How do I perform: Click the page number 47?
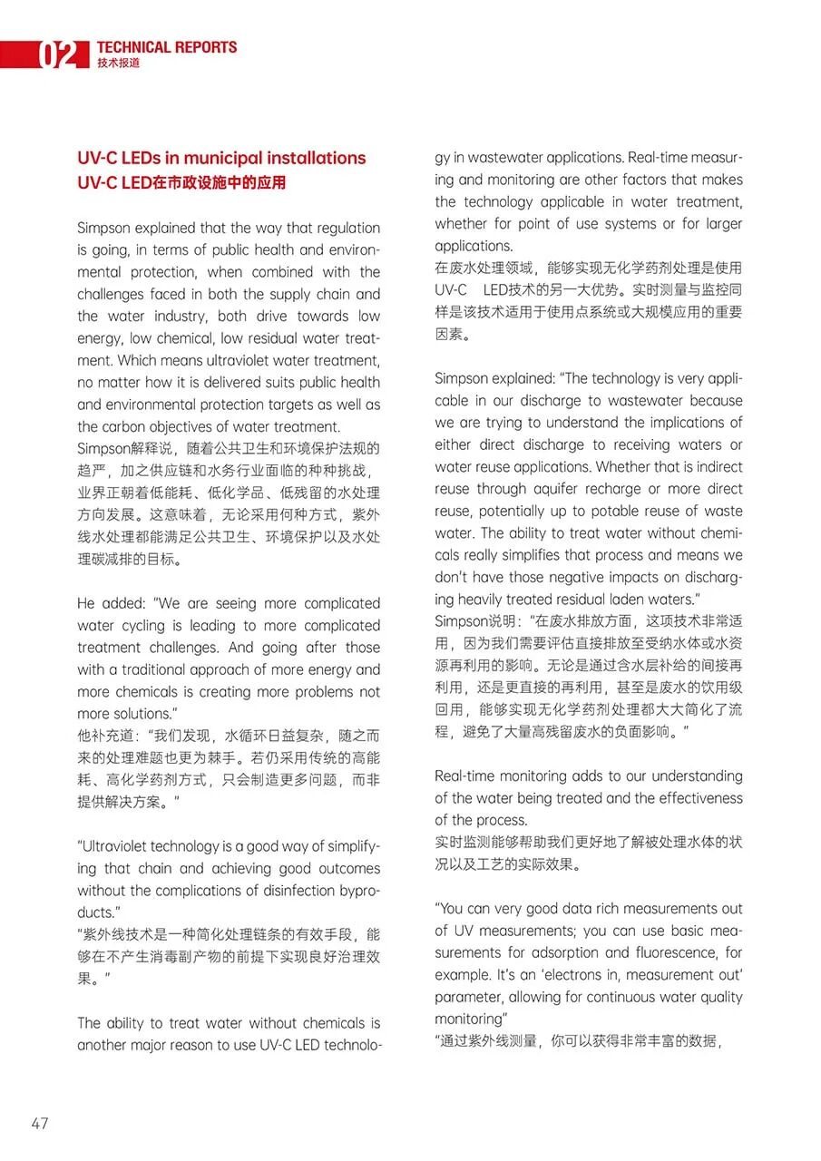click(39, 1123)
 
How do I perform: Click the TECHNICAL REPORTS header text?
click(166, 47)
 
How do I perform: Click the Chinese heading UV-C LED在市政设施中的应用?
click(181, 182)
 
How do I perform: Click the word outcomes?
click(350, 868)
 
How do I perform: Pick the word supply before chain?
click(284, 294)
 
